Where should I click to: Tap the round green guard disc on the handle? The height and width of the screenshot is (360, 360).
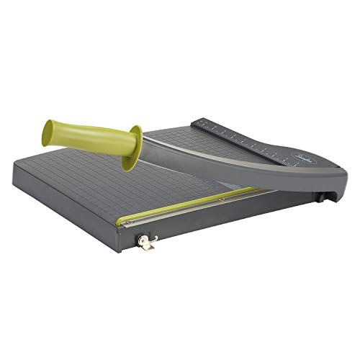132,147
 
